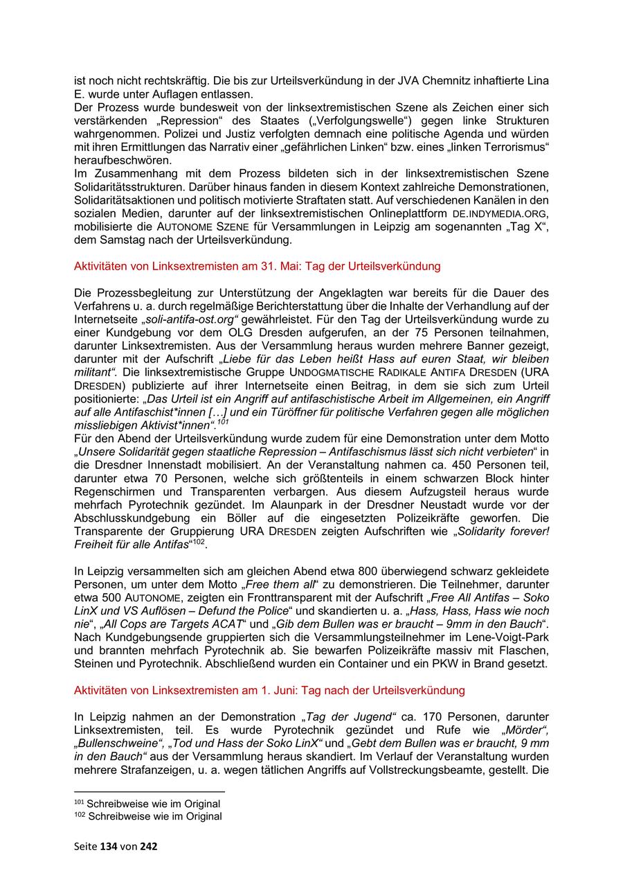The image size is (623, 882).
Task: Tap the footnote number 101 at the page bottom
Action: pos(79,803)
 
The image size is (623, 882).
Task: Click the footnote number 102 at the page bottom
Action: pos(79,816)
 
